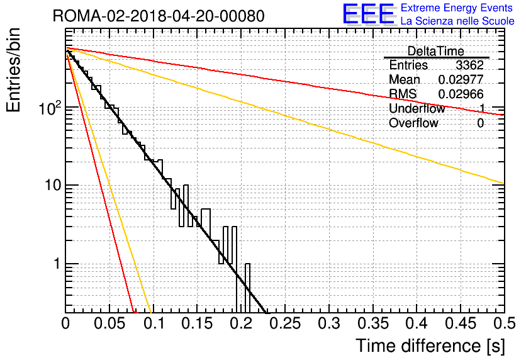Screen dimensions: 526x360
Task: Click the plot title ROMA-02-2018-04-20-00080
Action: (x=159, y=16)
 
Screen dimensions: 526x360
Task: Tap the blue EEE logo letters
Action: (x=368, y=14)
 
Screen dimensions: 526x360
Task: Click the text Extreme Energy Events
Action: (x=457, y=8)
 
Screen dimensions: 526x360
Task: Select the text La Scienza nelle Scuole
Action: (x=457, y=21)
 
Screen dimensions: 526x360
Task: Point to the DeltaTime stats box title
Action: (x=435, y=51)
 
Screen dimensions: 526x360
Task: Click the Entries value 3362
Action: (x=469, y=65)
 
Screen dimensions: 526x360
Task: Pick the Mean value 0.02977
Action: (x=461, y=79)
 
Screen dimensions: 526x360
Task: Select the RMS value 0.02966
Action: (x=461, y=94)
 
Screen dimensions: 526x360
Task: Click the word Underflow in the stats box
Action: (x=417, y=108)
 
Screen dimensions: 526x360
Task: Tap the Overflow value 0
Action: (x=480, y=123)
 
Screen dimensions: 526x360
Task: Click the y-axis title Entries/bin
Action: (x=13, y=70)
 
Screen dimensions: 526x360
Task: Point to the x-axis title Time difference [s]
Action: (x=430, y=346)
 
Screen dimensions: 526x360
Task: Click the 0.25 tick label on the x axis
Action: (x=286, y=323)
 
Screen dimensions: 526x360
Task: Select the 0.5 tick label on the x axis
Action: (x=504, y=323)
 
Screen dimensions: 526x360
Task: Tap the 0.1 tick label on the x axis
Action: (x=154, y=323)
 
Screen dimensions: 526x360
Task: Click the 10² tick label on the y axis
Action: (x=50, y=108)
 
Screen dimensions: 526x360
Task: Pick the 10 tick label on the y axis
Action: (x=53, y=185)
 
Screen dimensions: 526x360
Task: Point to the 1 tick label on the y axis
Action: (x=57, y=264)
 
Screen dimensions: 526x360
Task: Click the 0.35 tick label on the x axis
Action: (x=373, y=323)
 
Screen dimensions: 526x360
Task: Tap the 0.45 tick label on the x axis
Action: (x=461, y=323)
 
